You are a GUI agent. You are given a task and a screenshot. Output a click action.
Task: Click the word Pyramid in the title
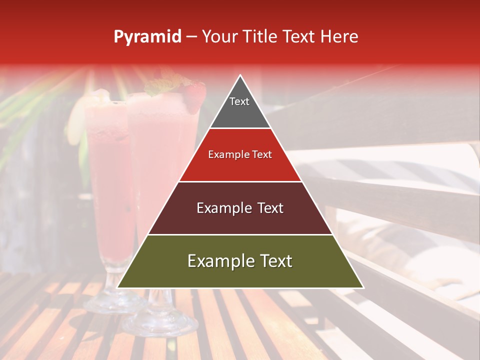pos(147,37)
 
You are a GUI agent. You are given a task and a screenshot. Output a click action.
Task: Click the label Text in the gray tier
pos(239,101)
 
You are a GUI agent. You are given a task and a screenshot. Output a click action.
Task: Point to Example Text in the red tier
pos(240,154)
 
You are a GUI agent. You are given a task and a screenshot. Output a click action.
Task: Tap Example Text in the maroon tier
pos(240,208)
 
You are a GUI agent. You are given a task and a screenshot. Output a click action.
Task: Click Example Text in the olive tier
pos(240,261)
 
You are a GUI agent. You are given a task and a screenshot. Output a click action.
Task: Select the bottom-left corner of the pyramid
pos(118,287)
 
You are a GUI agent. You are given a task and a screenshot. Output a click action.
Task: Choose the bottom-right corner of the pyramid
pos(363,287)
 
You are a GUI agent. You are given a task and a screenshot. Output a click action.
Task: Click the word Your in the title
pos(221,37)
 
